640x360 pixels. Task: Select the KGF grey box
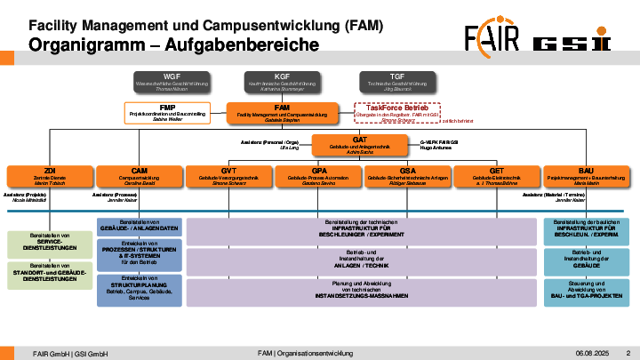pos(282,83)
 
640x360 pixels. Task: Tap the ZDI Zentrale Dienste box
pos(50,175)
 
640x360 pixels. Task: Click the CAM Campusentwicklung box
pos(139,175)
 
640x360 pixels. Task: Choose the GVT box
pos(228,175)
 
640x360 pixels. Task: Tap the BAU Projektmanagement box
pos(586,175)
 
